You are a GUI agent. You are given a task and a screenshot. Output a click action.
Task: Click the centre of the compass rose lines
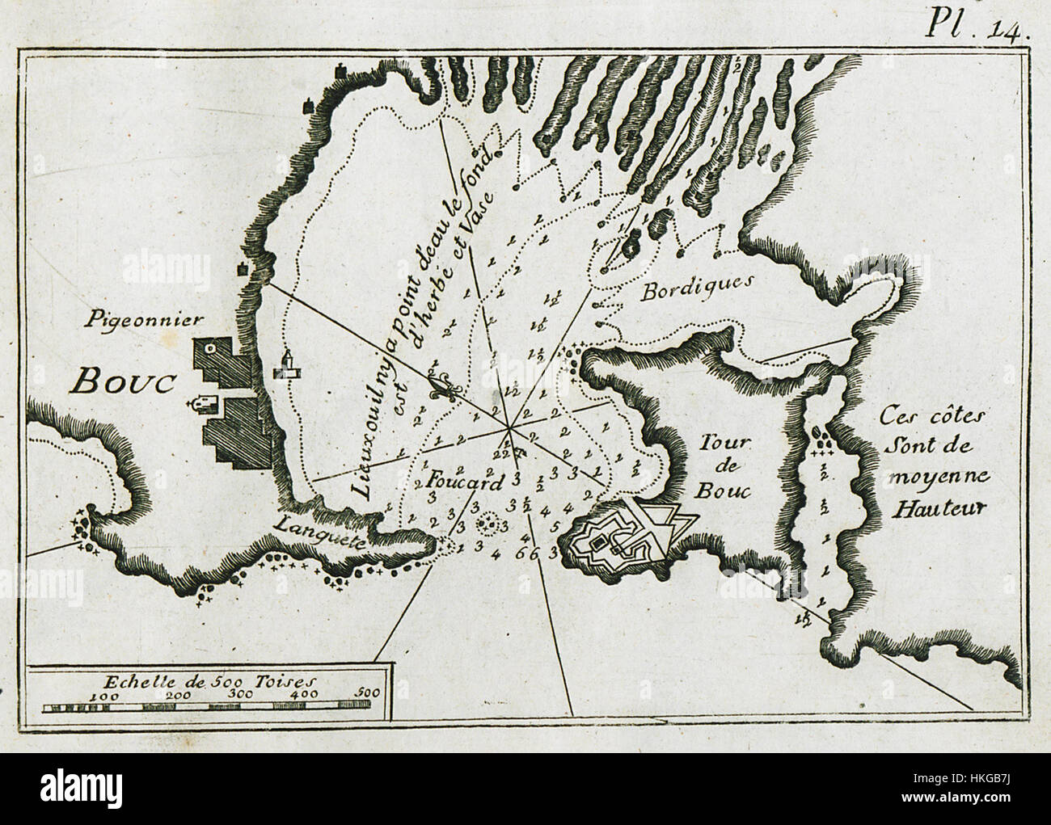point(509,423)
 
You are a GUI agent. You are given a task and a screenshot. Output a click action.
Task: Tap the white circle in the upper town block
point(209,348)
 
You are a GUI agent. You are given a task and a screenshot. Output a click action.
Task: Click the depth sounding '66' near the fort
point(526,554)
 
